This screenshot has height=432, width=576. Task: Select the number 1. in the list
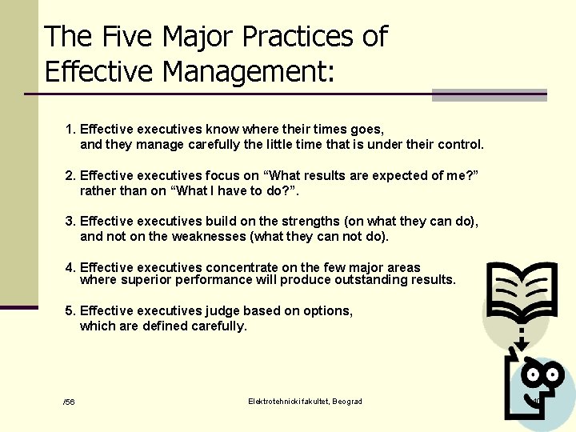point(70,128)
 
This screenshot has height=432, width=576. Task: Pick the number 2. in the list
point(70,175)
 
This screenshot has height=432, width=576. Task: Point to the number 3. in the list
point(70,221)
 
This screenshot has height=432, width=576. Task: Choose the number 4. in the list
point(70,267)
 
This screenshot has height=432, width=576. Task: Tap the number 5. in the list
point(70,310)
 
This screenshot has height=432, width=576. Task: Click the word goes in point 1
point(366,129)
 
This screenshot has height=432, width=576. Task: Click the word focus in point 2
point(236,175)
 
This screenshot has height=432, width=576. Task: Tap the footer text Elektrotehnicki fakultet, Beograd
point(305,401)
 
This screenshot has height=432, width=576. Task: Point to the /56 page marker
point(69,402)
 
